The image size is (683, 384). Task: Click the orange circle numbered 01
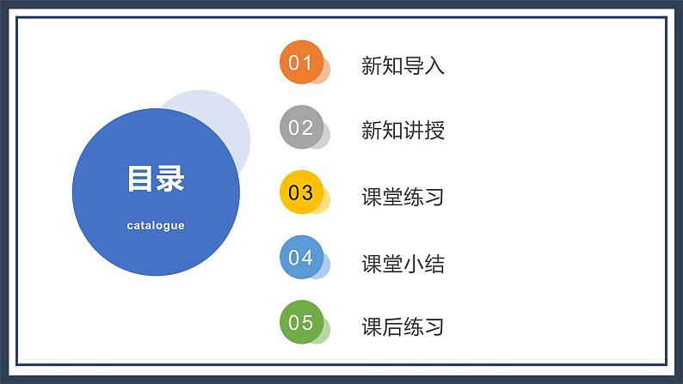click(x=301, y=62)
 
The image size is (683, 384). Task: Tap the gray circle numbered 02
click(x=301, y=128)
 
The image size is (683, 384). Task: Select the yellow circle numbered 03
click(x=301, y=192)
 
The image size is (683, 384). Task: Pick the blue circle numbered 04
click(x=301, y=257)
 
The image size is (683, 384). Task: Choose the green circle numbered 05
click(x=301, y=322)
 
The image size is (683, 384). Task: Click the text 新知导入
click(x=403, y=65)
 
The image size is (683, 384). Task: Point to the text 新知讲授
click(x=403, y=131)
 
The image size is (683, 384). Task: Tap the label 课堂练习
click(x=403, y=197)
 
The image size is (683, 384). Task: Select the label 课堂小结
click(x=403, y=263)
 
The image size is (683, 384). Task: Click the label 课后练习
click(x=403, y=327)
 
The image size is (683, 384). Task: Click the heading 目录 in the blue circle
click(x=156, y=180)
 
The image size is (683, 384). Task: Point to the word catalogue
click(x=156, y=226)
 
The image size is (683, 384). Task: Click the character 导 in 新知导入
click(x=413, y=65)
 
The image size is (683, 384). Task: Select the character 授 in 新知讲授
click(x=434, y=131)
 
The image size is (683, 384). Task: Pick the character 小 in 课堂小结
click(x=413, y=263)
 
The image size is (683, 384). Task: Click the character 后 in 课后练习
click(x=392, y=327)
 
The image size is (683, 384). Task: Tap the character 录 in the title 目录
click(x=170, y=180)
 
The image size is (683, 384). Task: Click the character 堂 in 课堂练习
click(x=392, y=197)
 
